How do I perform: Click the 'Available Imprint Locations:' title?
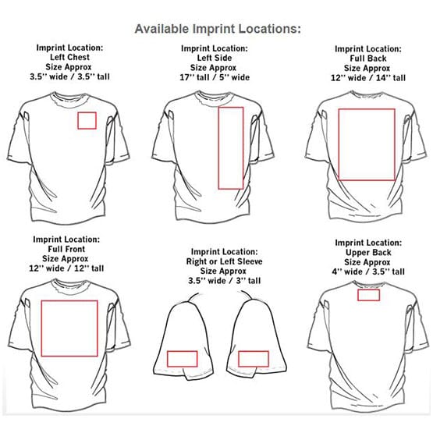218,29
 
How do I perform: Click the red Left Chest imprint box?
78,121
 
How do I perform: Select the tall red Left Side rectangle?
218,148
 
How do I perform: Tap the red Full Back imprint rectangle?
339,144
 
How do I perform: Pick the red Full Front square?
41,328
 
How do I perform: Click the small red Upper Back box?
369,290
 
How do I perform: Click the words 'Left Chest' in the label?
70,57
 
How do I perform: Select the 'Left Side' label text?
215,58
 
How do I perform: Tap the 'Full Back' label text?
368,59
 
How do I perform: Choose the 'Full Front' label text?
66,249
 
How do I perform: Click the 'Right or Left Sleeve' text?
224,261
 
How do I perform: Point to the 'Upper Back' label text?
368,253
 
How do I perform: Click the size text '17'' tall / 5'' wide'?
215,77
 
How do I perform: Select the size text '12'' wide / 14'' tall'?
368,78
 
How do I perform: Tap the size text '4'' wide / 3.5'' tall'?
368,272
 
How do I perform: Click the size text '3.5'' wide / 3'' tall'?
224,281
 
